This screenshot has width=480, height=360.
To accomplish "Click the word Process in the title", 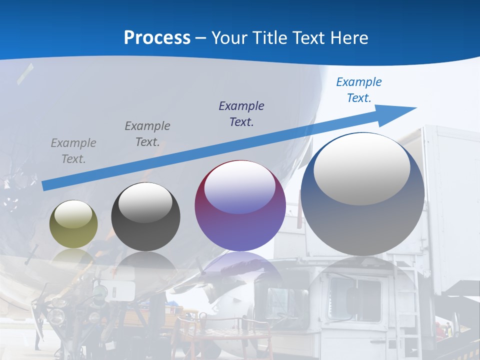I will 157,38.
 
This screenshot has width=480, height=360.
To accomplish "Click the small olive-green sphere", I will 73,224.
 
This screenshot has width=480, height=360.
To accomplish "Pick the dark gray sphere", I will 145,216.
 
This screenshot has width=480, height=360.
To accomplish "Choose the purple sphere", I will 240,206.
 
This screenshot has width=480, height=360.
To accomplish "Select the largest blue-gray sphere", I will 362,194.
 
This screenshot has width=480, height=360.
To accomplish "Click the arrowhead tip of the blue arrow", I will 415,108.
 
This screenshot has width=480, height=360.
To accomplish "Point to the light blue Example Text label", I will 358,90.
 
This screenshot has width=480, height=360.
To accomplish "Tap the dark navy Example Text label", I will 241,114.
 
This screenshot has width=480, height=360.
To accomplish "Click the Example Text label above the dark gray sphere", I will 147,134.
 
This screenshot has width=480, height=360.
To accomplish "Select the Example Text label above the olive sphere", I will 73,151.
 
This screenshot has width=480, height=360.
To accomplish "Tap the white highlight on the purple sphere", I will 240,187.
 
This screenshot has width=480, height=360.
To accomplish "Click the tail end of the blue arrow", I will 45,185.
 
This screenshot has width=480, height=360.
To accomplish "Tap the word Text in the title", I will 307,38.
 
